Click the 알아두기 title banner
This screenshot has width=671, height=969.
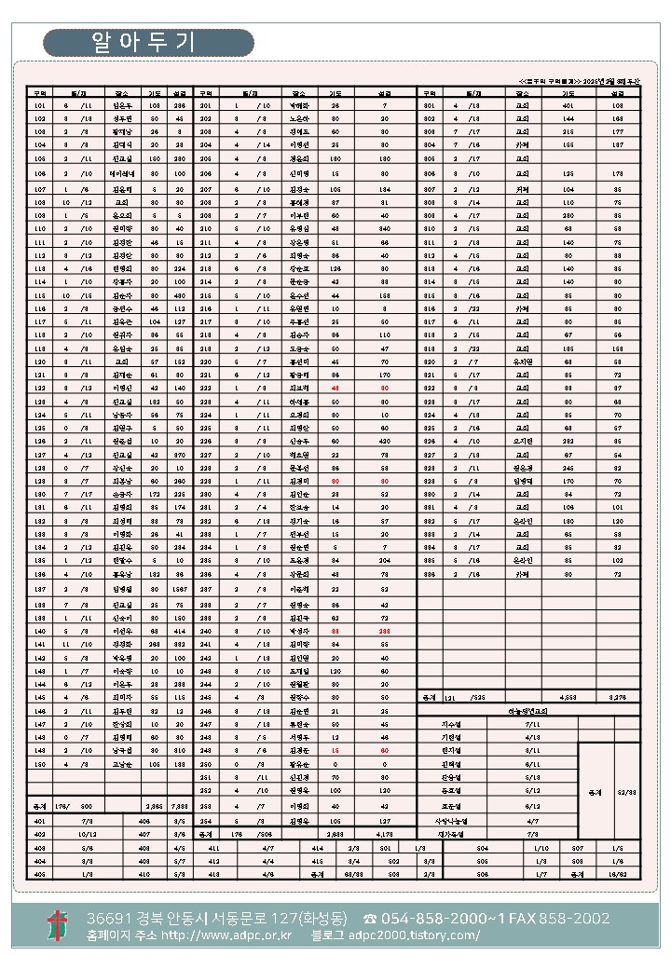(148, 43)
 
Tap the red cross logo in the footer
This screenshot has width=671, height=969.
(57, 925)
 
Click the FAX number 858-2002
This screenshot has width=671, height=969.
(582, 919)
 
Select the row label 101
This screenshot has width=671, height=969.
(39, 106)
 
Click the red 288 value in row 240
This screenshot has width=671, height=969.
(385, 631)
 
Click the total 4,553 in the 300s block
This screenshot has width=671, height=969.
(568, 697)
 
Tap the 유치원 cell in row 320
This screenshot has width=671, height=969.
(522, 361)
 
